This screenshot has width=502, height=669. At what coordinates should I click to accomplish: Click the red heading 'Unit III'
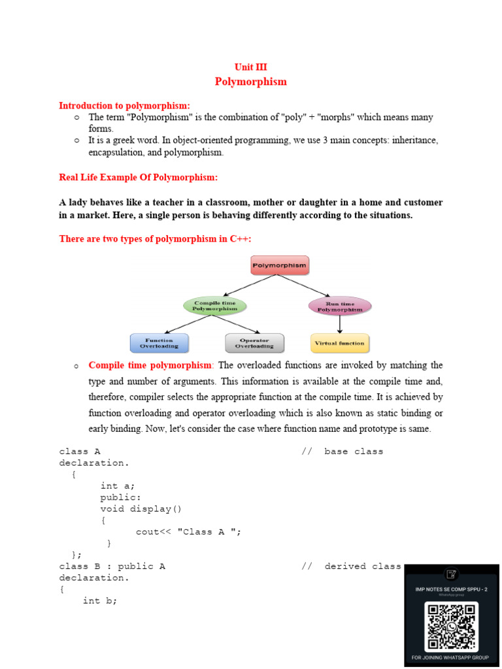click(251, 67)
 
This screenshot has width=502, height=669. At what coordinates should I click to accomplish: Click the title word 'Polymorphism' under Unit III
click(251, 82)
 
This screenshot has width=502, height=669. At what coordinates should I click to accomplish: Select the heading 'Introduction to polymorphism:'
click(125, 106)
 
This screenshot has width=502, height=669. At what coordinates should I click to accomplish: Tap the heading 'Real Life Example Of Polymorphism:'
click(139, 178)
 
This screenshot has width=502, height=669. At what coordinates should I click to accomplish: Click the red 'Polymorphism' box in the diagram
click(280, 266)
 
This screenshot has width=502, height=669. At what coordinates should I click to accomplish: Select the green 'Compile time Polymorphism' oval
click(214, 305)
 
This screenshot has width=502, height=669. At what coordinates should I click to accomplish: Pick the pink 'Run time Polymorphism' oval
click(339, 306)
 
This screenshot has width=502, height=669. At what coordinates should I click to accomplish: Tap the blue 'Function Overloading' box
click(159, 343)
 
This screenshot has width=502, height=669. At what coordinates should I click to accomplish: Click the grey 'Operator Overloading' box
click(254, 343)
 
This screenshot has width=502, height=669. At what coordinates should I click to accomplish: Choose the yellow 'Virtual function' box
click(339, 343)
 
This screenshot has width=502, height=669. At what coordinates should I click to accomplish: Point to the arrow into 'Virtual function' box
click(339, 324)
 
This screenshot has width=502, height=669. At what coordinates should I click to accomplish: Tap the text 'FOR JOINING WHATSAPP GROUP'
click(450, 658)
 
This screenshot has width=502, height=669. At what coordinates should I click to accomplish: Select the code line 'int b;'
click(100, 600)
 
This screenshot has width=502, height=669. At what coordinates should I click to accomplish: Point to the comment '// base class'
click(343, 451)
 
